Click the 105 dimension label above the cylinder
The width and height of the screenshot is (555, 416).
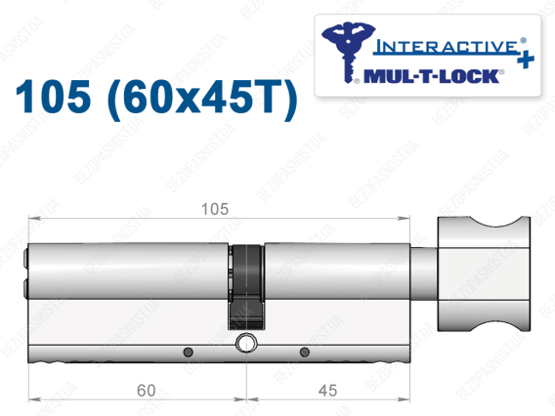tap(215, 209)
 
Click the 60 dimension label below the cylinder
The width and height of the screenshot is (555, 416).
tap(147, 391)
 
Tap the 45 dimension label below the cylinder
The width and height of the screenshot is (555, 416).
tap(327, 391)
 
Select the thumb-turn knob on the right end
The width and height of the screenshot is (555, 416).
tap(484, 274)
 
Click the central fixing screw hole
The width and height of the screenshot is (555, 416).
tap(245, 343)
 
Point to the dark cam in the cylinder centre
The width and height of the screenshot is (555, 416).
tap(246, 286)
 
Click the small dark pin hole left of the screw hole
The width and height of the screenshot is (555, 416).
tap(188, 352)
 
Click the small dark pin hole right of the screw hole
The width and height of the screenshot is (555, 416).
tap(305, 352)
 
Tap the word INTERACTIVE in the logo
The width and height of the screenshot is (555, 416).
tap(447, 47)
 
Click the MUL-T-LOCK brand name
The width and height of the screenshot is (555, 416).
tap(432, 76)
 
